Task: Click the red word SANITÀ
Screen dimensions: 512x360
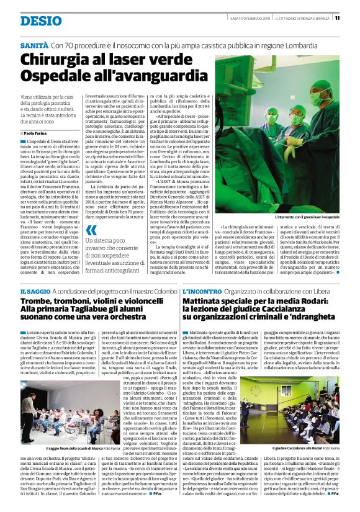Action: pyautogui.click(x=35, y=46)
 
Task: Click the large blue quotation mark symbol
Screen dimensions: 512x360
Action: pyautogui.click(x=91, y=231)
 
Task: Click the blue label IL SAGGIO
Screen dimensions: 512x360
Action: pyautogui.click(x=34, y=292)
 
